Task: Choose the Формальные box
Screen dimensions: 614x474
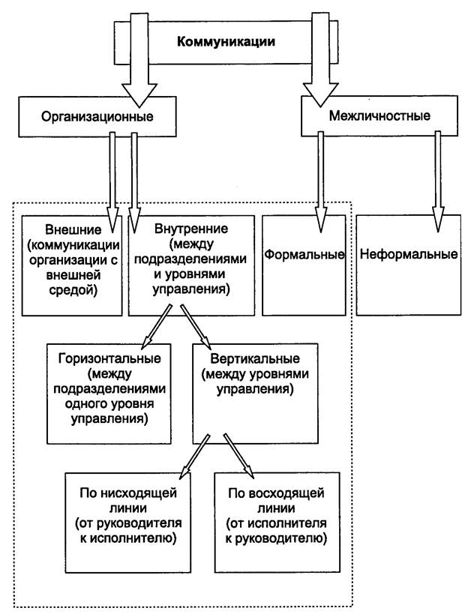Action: pyautogui.click(x=304, y=265)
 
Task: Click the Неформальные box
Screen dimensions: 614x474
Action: pyautogui.click(x=409, y=265)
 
